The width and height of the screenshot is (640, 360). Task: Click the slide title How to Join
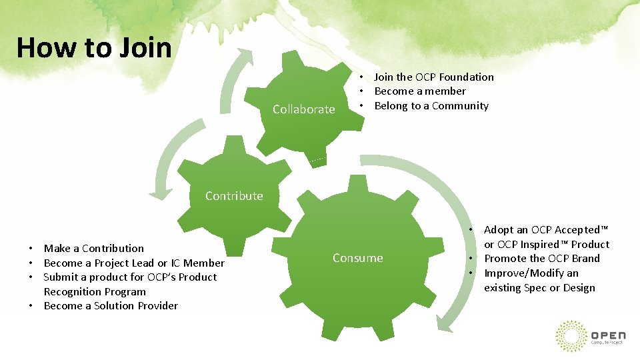coord(94,48)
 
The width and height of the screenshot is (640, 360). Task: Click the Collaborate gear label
coord(303,109)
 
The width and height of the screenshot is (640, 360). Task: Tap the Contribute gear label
coord(234,196)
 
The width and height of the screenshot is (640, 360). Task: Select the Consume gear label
coord(358,258)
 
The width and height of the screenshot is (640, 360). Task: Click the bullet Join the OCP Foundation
coord(433,77)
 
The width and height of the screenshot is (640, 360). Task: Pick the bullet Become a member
coord(420,91)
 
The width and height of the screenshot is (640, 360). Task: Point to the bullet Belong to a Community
coord(431,106)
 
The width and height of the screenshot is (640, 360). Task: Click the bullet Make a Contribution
coord(93,249)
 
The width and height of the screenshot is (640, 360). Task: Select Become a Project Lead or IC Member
coord(134,263)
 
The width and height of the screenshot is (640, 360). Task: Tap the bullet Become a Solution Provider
coord(111,306)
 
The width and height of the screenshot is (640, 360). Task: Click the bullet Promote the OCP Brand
coord(541,259)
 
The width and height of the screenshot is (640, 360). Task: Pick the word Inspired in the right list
coord(544,245)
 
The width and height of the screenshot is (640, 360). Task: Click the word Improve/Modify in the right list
coord(522,273)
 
